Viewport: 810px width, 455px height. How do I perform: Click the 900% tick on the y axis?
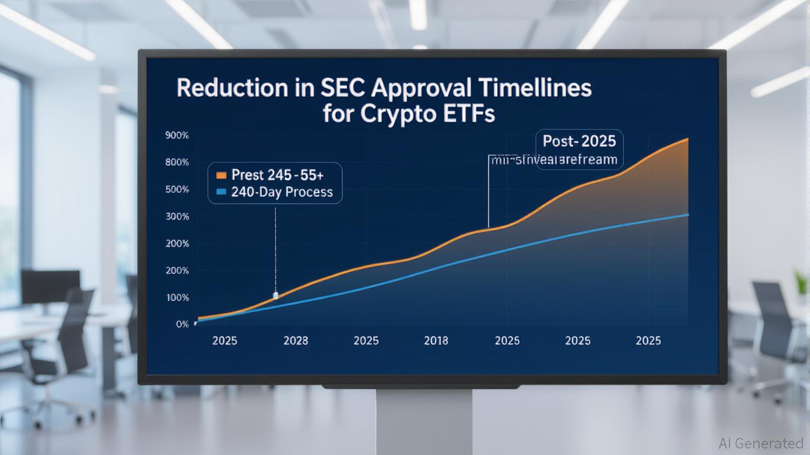tap(177, 136)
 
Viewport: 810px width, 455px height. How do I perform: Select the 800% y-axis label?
tap(177, 162)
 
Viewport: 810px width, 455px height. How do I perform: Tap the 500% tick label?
tap(177, 190)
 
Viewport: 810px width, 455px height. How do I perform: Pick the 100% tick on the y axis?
tap(177, 297)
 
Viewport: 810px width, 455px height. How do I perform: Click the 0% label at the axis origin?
tap(182, 324)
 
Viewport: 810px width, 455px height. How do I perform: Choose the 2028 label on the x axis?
tap(295, 341)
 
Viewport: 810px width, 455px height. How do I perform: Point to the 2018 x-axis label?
tap(436, 341)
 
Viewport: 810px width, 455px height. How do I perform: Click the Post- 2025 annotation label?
tap(579, 141)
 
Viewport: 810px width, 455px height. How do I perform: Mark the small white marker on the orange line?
tap(275, 295)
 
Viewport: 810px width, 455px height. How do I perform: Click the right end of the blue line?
tap(687, 214)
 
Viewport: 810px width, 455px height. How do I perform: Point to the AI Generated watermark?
tap(760, 443)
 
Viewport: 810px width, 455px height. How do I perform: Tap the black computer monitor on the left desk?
tap(50, 287)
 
